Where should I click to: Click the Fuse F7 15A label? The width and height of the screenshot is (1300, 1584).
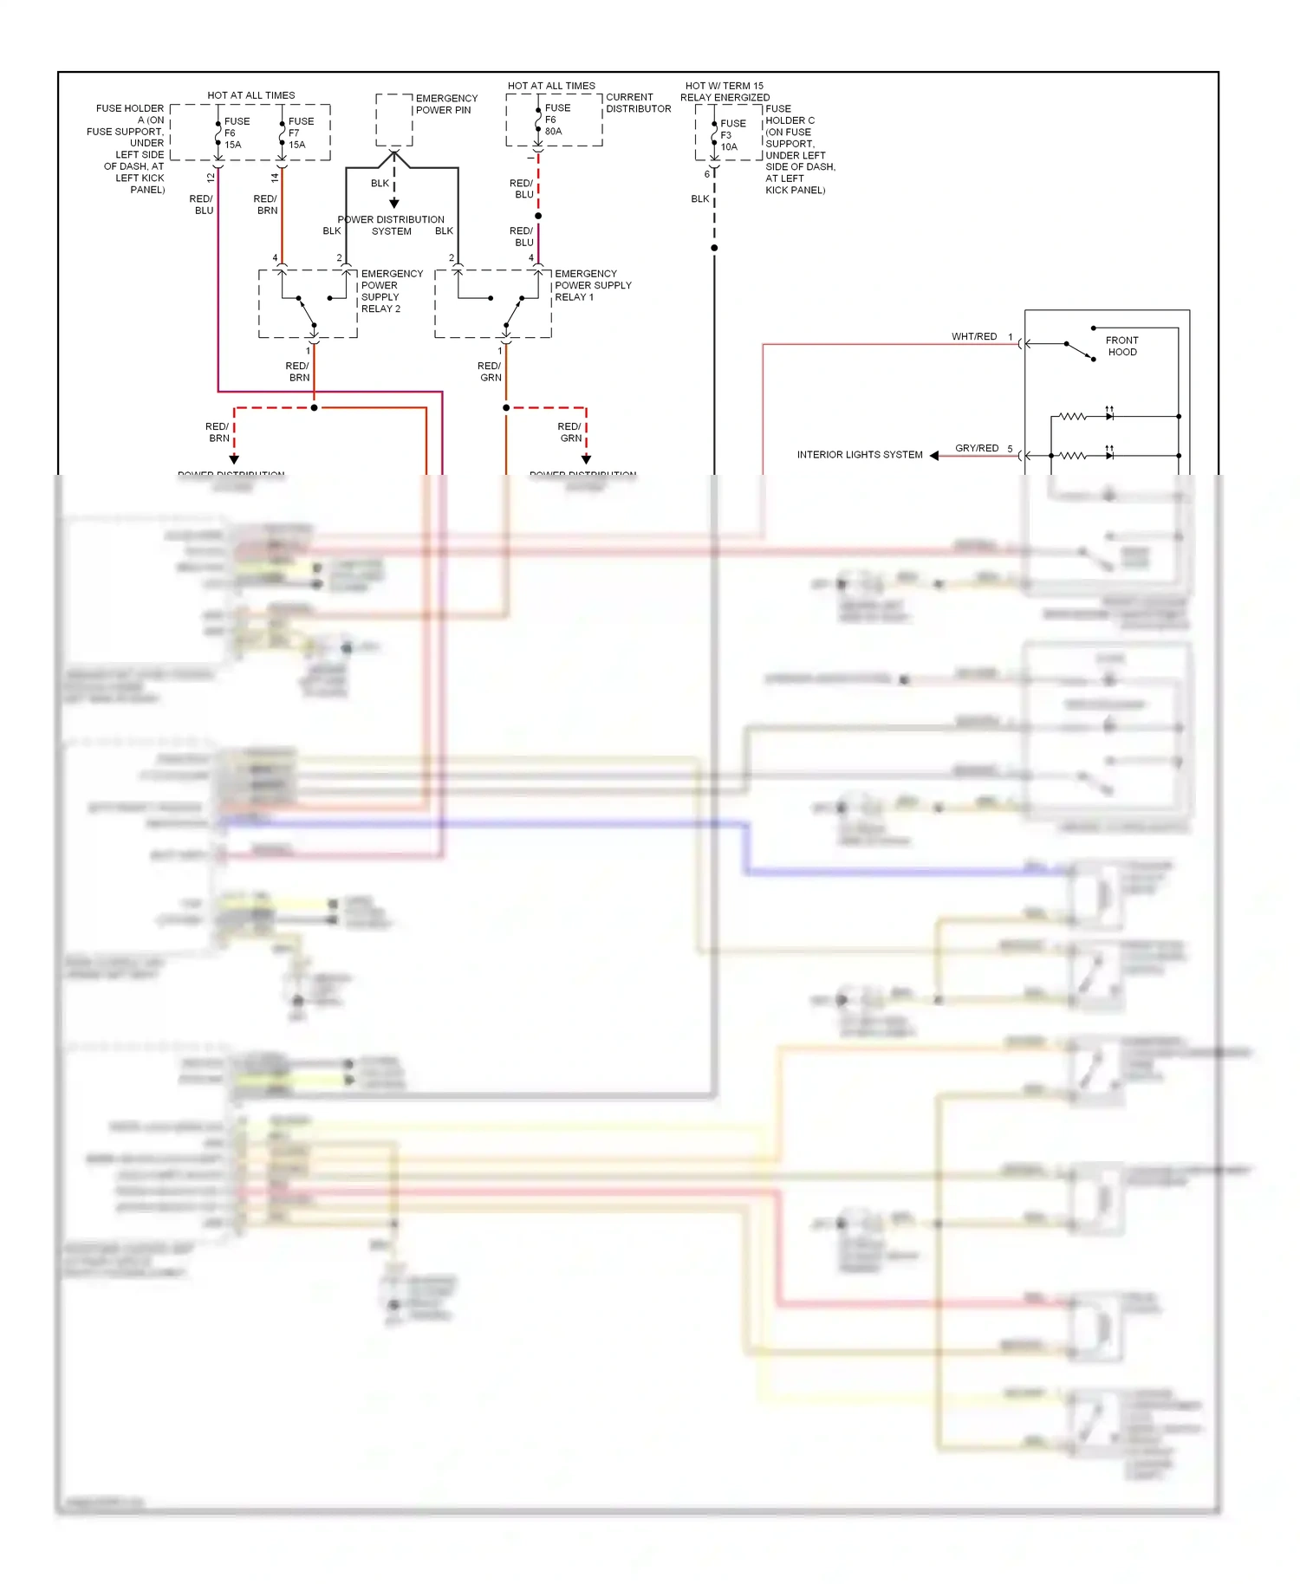(300, 133)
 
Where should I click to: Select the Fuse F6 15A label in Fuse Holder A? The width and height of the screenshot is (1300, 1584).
(236, 133)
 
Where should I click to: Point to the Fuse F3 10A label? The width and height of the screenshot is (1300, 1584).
(731, 135)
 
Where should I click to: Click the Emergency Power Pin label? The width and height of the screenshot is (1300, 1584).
(445, 104)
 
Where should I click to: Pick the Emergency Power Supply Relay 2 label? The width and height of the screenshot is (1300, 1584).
(391, 291)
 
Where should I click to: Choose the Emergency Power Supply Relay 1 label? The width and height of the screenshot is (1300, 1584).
(592, 285)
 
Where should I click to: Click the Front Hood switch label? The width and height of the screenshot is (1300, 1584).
(1121, 346)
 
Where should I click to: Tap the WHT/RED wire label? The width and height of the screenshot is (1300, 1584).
(973, 336)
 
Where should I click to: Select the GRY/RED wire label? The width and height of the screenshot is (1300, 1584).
(976, 448)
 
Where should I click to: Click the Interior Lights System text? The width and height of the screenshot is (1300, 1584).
(859, 454)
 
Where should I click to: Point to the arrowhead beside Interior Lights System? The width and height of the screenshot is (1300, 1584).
(934, 455)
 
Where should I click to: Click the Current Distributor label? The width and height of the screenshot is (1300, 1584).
(637, 103)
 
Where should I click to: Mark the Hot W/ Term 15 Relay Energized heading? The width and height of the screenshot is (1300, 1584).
(725, 92)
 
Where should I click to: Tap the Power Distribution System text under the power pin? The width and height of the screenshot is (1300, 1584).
(391, 225)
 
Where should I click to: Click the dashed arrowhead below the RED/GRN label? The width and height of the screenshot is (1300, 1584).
(586, 458)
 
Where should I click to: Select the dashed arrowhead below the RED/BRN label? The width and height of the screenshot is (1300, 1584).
(234, 458)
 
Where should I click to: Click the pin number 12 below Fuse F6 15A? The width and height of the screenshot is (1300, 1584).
(211, 178)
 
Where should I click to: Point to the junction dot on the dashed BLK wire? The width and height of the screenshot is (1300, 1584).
(714, 248)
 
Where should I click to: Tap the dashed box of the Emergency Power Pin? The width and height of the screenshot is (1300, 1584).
(393, 120)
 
